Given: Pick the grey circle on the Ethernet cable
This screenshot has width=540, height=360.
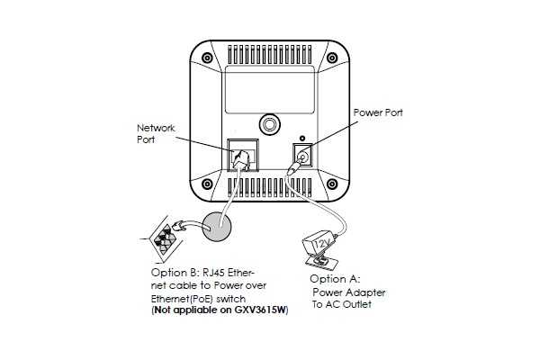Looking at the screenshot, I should point(220,229).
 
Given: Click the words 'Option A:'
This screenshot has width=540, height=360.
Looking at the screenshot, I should point(333,280).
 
